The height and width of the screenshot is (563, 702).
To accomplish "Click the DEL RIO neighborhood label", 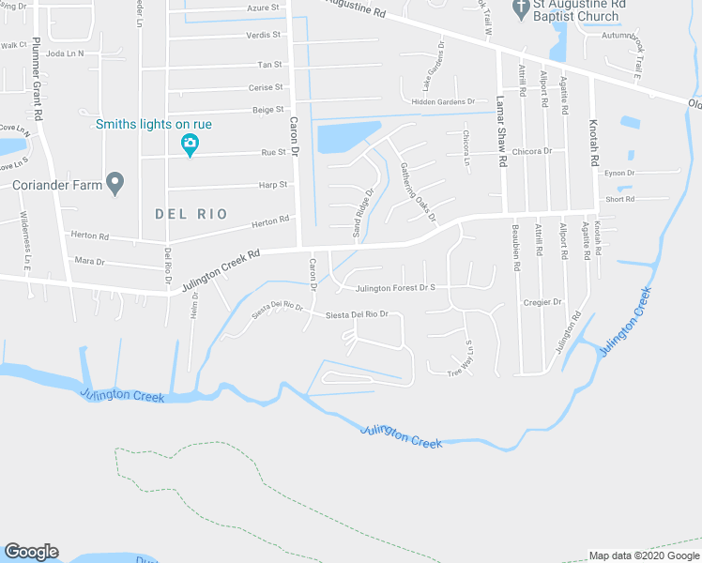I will [x=191, y=214].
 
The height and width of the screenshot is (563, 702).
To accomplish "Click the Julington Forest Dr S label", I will [x=396, y=288].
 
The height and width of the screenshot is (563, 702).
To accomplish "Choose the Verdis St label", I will [x=264, y=35].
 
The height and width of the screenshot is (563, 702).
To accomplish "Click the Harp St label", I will [x=273, y=186].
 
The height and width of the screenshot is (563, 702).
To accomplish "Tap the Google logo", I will [x=31, y=552].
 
